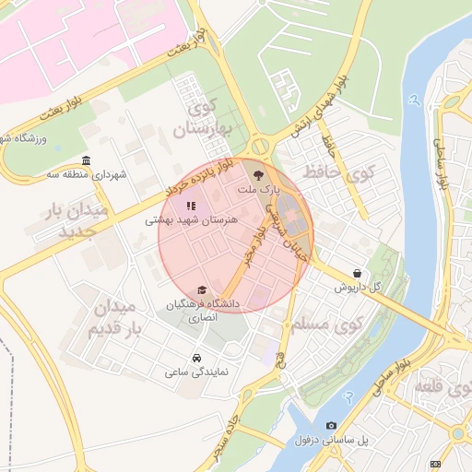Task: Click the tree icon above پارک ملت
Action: pyautogui.click(x=257, y=174)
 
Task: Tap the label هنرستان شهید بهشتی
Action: pyautogui.click(x=192, y=221)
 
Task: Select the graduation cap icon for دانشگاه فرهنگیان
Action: pyautogui.click(x=202, y=290)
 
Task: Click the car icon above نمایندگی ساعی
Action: pyautogui.click(x=196, y=358)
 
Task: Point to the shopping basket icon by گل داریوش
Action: pyautogui.click(x=357, y=273)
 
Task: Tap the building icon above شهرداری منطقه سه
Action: pyautogui.click(x=86, y=160)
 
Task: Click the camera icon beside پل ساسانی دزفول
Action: pyautogui.click(x=331, y=425)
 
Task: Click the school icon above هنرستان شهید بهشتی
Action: pyautogui.click(x=190, y=206)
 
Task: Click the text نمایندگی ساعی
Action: pyautogui.click(x=196, y=372)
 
